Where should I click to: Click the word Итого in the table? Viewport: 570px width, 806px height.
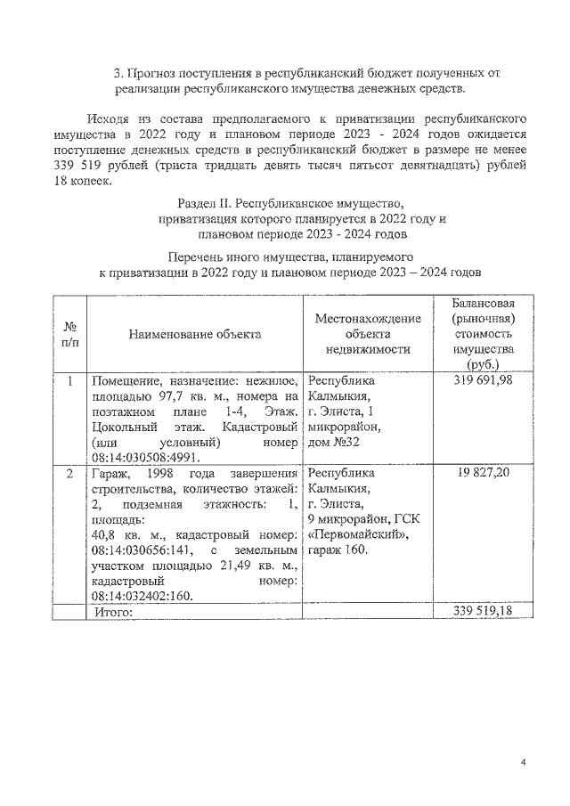coord(111,613)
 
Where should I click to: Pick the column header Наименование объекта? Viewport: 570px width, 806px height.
coord(195,334)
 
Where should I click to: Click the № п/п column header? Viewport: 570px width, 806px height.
coord(69,334)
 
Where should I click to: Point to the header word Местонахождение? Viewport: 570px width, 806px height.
coord(367,318)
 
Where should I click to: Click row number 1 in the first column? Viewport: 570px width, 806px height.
coord(69,380)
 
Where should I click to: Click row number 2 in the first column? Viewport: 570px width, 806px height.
coord(69,472)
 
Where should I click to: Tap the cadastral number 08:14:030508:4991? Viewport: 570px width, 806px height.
coord(148,457)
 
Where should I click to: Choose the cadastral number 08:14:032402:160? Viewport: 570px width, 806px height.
coord(146,595)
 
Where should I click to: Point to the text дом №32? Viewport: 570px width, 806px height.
coord(337,442)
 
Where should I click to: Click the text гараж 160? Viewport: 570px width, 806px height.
coord(338,550)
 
